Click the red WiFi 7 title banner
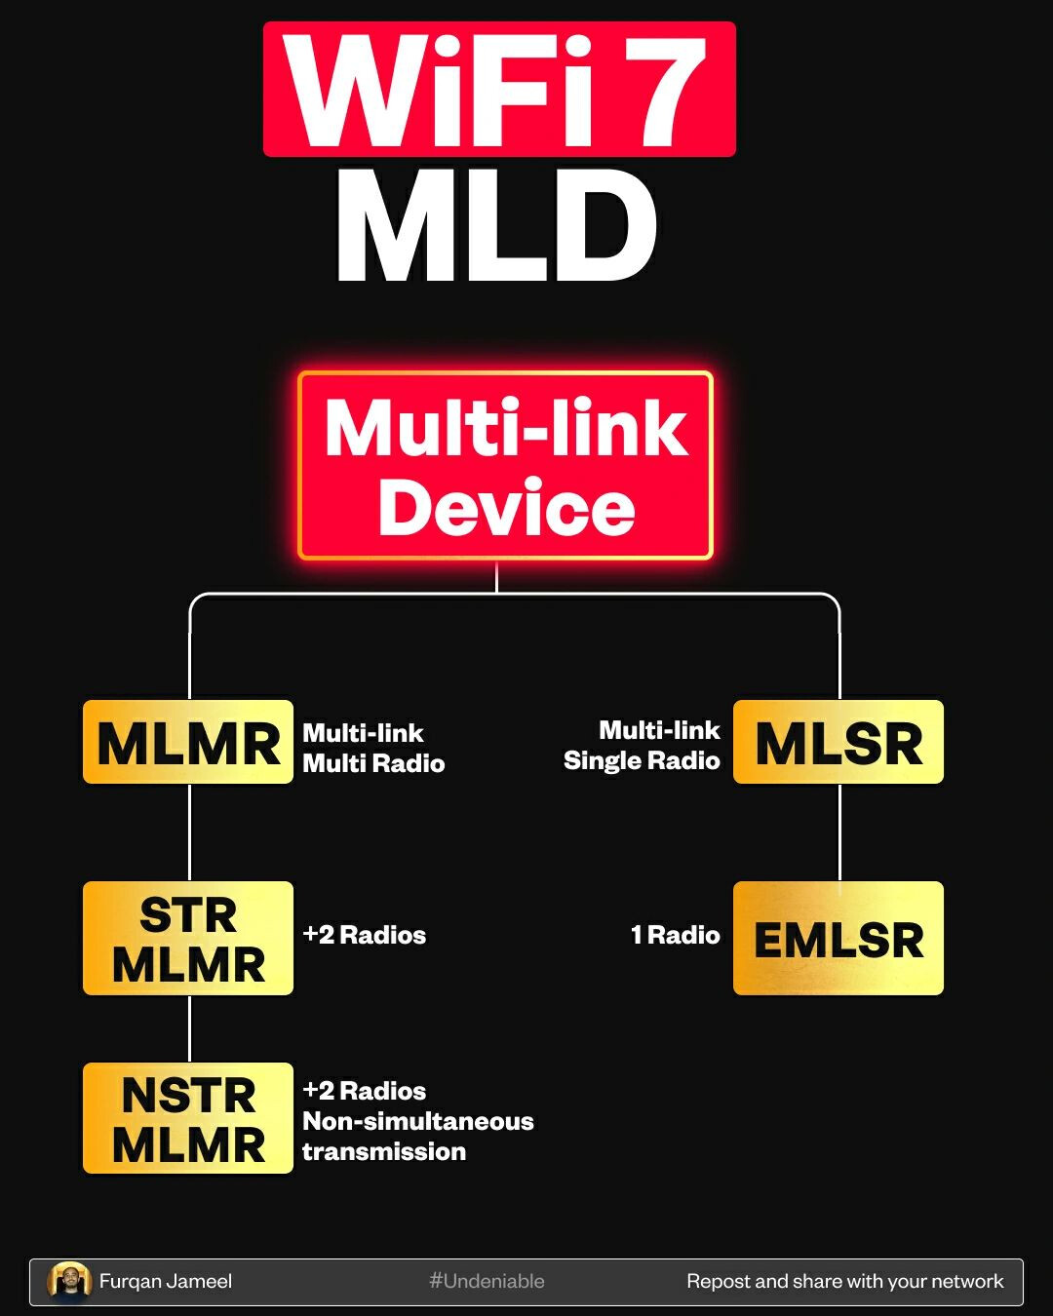click(x=499, y=90)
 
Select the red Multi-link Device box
click(x=505, y=466)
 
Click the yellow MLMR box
click(x=188, y=742)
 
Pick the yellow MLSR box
click(x=838, y=742)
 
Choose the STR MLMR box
click(x=188, y=939)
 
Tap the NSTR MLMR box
click(x=188, y=1118)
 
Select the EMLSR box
click(x=838, y=939)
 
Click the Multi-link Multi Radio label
click(x=372, y=748)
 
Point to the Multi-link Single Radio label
click(x=643, y=746)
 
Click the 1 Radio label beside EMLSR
click(x=675, y=936)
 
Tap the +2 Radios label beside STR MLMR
click(x=364, y=936)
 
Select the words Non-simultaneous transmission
click(x=417, y=1137)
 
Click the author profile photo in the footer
click(x=69, y=1282)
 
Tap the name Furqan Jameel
click(x=166, y=1282)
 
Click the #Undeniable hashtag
click(x=487, y=1282)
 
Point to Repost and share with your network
click(x=844, y=1282)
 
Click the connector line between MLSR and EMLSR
click(x=839, y=832)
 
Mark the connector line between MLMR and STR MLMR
click(x=189, y=832)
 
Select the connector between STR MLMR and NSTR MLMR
click(x=189, y=1028)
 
